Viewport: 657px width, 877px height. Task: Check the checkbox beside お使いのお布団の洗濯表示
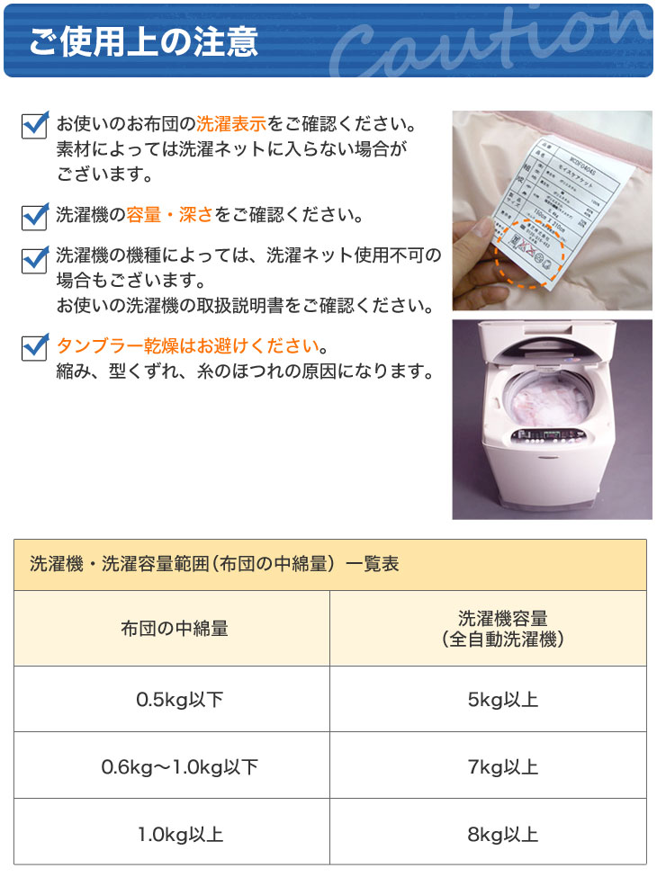(34, 125)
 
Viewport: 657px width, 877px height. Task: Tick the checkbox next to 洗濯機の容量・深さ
(34, 217)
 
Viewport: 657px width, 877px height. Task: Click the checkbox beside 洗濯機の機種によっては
(34, 258)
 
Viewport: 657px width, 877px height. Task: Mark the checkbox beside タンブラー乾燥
(34, 347)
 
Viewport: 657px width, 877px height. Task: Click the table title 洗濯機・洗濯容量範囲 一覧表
(214, 565)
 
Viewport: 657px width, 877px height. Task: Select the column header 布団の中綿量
(174, 629)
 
